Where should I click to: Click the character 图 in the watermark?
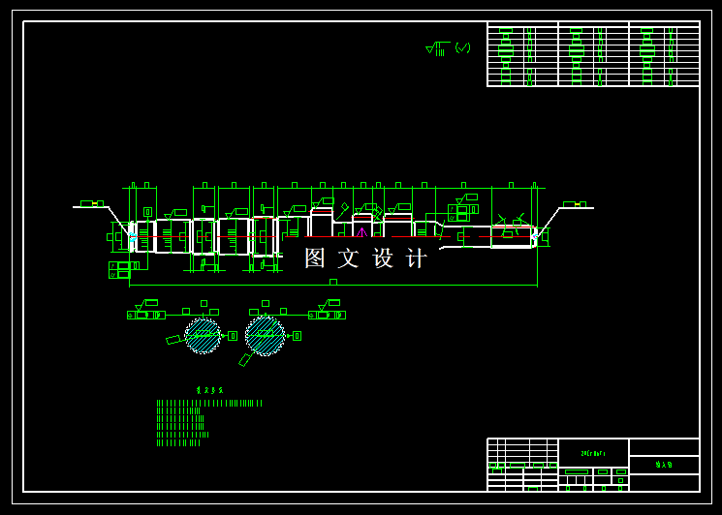pyautogui.click(x=315, y=258)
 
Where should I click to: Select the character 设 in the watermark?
pyautogui.click(x=383, y=258)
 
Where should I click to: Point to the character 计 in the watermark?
pyautogui.click(x=416, y=258)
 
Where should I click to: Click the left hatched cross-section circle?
pyautogui.click(x=203, y=335)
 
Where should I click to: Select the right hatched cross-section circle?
pyautogui.click(x=265, y=335)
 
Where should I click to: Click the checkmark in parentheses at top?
pyautogui.click(x=463, y=47)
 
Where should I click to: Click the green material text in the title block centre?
pyautogui.click(x=592, y=453)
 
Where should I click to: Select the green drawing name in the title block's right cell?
pyautogui.click(x=664, y=465)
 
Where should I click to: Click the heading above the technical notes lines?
pyautogui.click(x=204, y=390)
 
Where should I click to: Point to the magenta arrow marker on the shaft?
pyautogui.click(x=361, y=231)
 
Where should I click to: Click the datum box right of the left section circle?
pyautogui.click(x=233, y=336)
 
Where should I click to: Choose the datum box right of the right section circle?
pyautogui.click(x=297, y=336)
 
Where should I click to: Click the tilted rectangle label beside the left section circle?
pyautogui.click(x=174, y=340)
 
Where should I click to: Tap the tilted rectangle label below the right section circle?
pyautogui.click(x=246, y=359)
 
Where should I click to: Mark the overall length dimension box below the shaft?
pyautogui.click(x=333, y=282)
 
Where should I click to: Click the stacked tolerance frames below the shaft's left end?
pyautogui.click(x=119, y=270)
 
